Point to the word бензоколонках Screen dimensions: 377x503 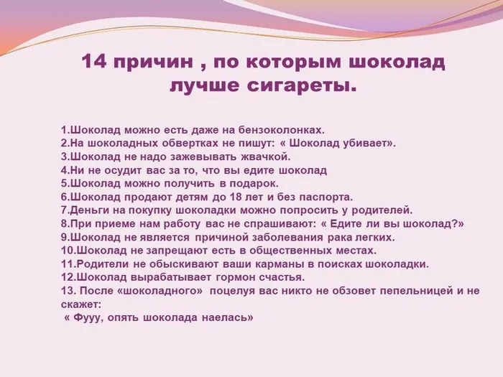tap(286, 130)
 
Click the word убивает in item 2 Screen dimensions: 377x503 tap(365, 143)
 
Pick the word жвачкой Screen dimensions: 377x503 tap(264, 157)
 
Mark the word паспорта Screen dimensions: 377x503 tap(327, 197)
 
